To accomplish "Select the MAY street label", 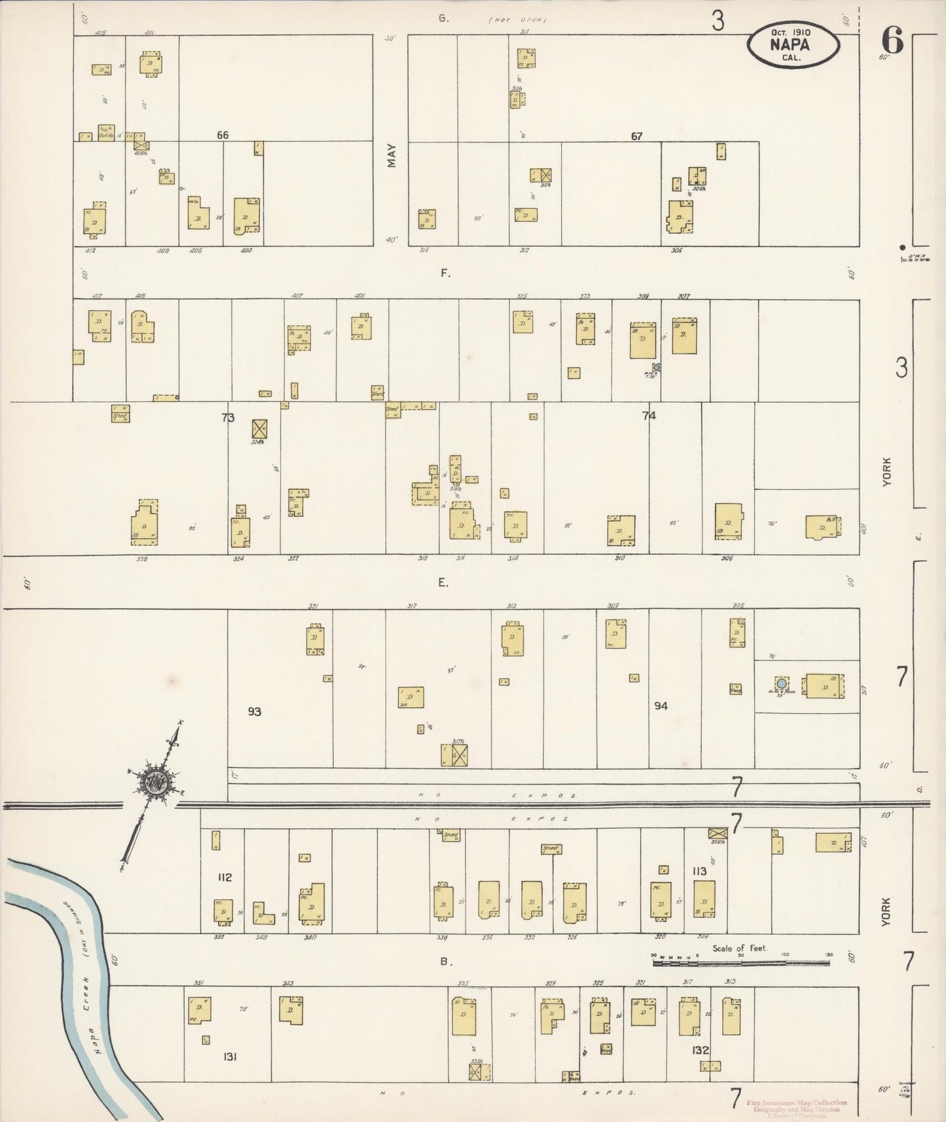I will coord(391,156).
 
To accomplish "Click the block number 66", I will coord(223,135).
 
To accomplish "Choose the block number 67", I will coord(636,136).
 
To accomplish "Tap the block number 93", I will coord(255,711).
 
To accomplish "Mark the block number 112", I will coord(225,877).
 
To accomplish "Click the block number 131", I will coord(230,1057).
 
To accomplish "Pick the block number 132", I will coord(700,1050).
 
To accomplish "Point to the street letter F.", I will coord(445,273).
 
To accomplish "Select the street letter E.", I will coord(443,583).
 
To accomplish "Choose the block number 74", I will coord(649,415).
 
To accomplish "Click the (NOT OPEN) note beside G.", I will coord(517,20).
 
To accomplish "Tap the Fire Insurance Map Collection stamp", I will coord(796,1102).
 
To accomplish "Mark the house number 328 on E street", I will coord(141,559).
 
